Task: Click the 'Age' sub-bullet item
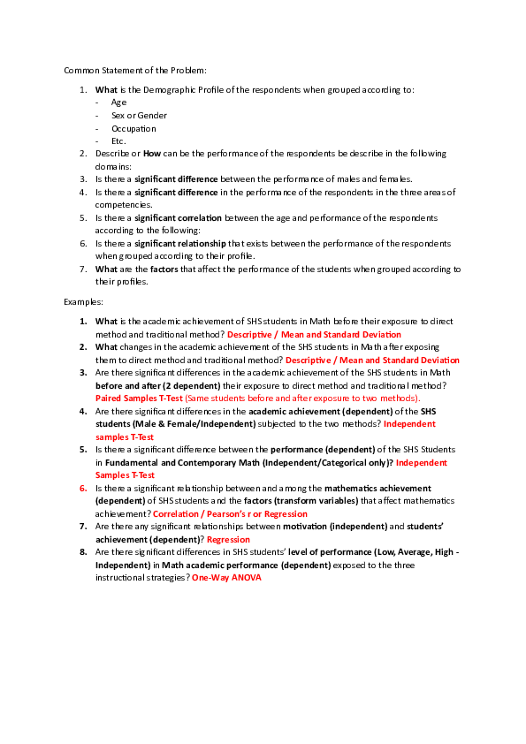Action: tap(118, 102)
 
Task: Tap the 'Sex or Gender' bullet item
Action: tap(139, 115)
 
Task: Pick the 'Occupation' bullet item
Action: tap(133, 128)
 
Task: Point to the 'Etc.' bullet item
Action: tap(118, 140)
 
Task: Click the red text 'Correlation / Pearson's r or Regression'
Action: tap(230, 513)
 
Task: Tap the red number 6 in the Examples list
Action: tap(83, 488)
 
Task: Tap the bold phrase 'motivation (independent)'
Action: tap(334, 527)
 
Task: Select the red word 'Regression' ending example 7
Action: tap(228, 539)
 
